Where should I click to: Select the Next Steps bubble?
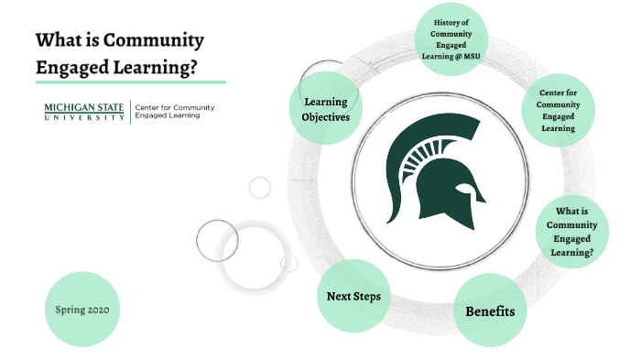pos(353,296)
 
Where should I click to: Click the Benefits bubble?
pos(490,311)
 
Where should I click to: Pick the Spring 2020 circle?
pos(81,309)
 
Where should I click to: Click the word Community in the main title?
pos(152,40)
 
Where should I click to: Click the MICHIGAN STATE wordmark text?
pos(85,107)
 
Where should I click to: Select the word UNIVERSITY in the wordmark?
pos(85,117)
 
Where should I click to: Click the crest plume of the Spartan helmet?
pos(412,147)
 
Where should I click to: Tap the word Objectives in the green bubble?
pos(326,117)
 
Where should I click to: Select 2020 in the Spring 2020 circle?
pos(98,309)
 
